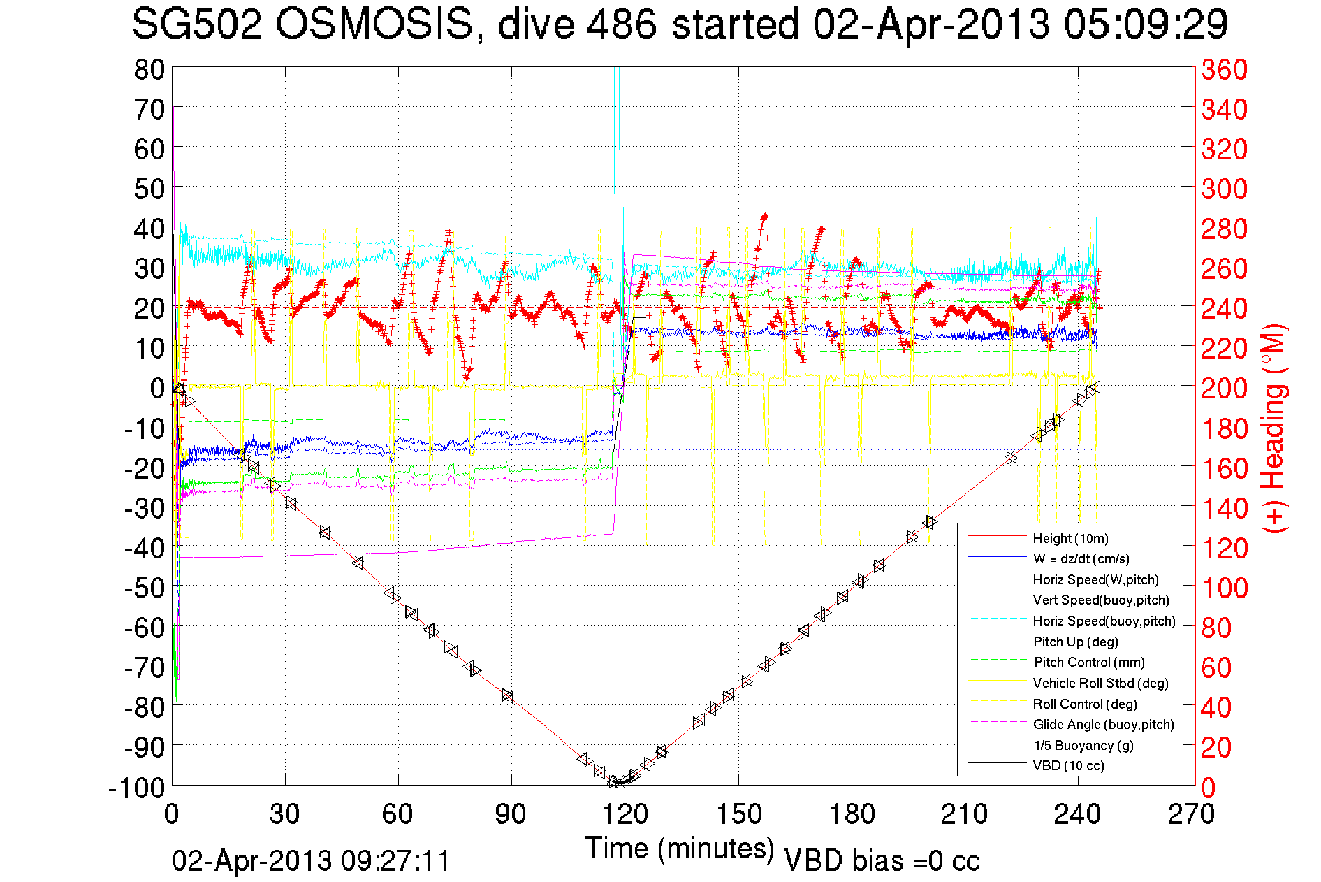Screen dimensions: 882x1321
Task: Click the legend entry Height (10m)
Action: pos(1070,538)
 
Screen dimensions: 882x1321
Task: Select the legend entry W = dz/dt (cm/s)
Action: pos(1081,558)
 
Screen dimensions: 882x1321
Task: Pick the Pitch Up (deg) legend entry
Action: pos(1075,642)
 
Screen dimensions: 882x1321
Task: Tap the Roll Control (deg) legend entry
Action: pos(1084,704)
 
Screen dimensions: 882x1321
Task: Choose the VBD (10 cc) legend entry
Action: pos(1068,766)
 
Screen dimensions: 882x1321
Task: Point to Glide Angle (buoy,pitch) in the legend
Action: pos(1103,725)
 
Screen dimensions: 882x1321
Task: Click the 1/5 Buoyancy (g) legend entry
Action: pos(1083,745)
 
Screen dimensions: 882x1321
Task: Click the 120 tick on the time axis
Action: pos(625,814)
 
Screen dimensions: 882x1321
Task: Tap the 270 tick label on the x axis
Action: pos(1191,814)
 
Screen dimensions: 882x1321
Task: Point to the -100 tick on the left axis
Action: pos(137,788)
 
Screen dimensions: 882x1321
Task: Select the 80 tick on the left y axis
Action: pos(149,69)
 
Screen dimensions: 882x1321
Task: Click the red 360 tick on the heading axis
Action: pos(1224,69)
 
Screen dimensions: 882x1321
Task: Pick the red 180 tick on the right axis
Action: pos(1224,428)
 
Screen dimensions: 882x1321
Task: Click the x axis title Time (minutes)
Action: pos(680,848)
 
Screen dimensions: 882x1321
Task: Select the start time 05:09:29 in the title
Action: pos(1146,25)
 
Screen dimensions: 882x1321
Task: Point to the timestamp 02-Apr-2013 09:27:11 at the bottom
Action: pos(311,861)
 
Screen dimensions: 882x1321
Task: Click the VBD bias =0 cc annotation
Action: pos(882,861)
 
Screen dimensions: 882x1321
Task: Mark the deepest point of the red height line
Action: pos(618,784)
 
